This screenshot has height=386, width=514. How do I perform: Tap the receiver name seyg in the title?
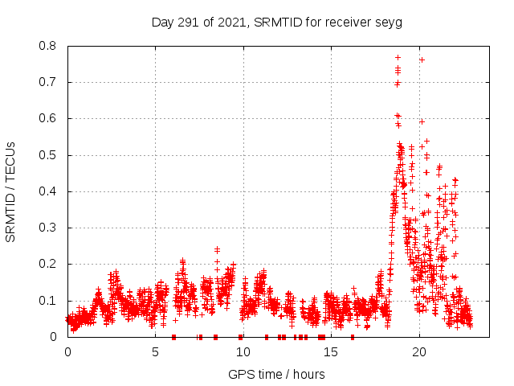pyautogui.click(x=390, y=22)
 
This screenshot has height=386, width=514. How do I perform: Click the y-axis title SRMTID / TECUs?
pyautogui.click(x=11, y=191)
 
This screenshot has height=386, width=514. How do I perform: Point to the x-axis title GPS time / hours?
pyautogui.click(x=276, y=374)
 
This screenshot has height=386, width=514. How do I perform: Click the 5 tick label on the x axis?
pyautogui.click(x=156, y=352)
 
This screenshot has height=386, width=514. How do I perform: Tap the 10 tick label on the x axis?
pyautogui.click(x=243, y=352)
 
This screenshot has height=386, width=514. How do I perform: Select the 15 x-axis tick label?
pyautogui.click(x=332, y=352)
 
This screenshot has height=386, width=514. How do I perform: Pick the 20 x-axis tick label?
pyautogui.click(x=419, y=352)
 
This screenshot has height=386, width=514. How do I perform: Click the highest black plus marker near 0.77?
pyautogui.click(x=398, y=57)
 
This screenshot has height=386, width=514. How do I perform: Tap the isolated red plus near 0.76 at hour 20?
pyautogui.click(x=422, y=60)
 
